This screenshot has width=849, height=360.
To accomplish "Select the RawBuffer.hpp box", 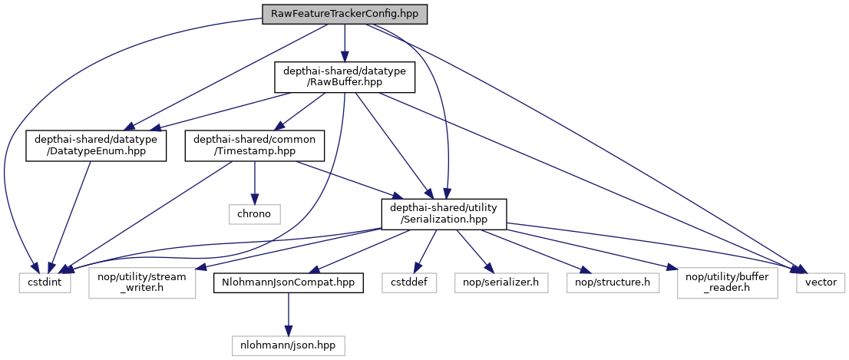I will (x=345, y=78).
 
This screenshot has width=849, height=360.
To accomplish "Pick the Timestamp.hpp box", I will (x=255, y=146).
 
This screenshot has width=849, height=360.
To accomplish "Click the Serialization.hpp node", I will (x=444, y=213).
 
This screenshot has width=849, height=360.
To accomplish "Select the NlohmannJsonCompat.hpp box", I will (x=288, y=282).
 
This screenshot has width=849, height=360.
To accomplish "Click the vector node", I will (x=821, y=282).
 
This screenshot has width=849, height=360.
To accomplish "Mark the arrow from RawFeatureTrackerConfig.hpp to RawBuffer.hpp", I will (x=345, y=42).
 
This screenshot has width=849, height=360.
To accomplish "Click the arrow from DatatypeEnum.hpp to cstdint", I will (x=73, y=215).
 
